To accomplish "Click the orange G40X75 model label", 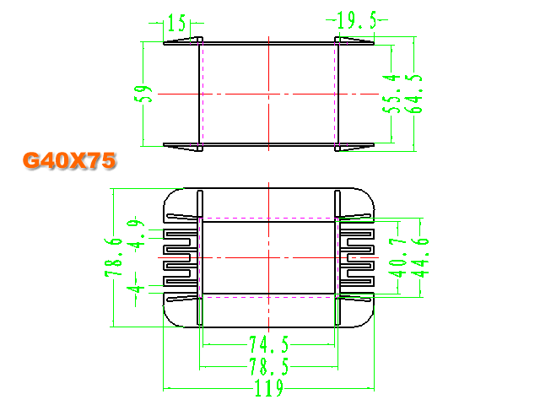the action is pyautogui.click(x=69, y=160).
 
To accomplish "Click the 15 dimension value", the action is pyautogui.click(x=177, y=23).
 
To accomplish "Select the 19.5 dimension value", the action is pyautogui.click(x=357, y=20).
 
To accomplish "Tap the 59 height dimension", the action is pyautogui.click(x=143, y=94).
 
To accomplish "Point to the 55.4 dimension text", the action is pyautogui.click(x=391, y=94).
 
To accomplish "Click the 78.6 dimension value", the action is pyautogui.click(x=113, y=256).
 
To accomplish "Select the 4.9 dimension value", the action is pyautogui.click(x=136, y=234).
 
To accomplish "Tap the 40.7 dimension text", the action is pyautogui.click(x=397, y=256).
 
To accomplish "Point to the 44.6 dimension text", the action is pyautogui.click(x=420, y=256).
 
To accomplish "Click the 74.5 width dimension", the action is pyautogui.click(x=269, y=344).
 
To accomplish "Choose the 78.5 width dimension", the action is pyautogui.click(x=269, y=366).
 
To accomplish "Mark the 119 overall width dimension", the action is pyautogui.click(x=269, y=388).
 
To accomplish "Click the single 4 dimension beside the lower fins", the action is pyautogui.click(x=136, y=289).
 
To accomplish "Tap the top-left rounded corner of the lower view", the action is pyautogui.click(x=170, y=195).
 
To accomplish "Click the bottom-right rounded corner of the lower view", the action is pyautogui.click(x=367, y=320).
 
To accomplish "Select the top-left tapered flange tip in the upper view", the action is pyautogui.click(x=165, y=43).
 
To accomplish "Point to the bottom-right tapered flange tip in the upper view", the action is pyautogui.click(x=373, y=145).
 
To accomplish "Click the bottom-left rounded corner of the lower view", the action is pyautogui.click(x=170, y=320).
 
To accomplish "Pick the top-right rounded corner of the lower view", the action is pyautogui.click(x=367, y=195).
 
